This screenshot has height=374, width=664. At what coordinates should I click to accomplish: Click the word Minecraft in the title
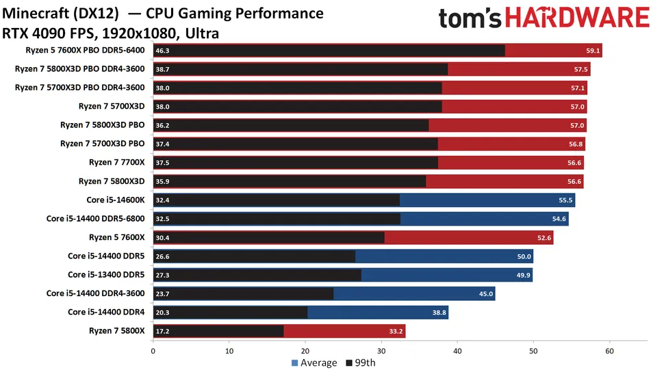pos(33,14)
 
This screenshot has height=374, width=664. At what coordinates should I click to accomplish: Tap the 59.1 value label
pos(593,51)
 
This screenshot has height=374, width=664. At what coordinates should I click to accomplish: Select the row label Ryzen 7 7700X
pos(116,162)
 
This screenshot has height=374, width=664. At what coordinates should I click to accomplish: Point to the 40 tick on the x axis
pos(457,349)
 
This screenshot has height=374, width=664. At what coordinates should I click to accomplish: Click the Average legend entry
pos(314,362)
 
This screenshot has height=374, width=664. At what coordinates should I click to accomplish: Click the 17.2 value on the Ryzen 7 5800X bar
pos(163,332)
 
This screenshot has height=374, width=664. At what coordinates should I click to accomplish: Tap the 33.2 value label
pos(396,332)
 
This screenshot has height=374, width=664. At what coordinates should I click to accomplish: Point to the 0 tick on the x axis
pos(153,349)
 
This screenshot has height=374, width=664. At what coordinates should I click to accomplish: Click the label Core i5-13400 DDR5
pos(106,275)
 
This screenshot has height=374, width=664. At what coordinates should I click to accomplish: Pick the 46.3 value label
pos(163,51)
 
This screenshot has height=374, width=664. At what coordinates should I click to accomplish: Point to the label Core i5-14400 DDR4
pos(106,312)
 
